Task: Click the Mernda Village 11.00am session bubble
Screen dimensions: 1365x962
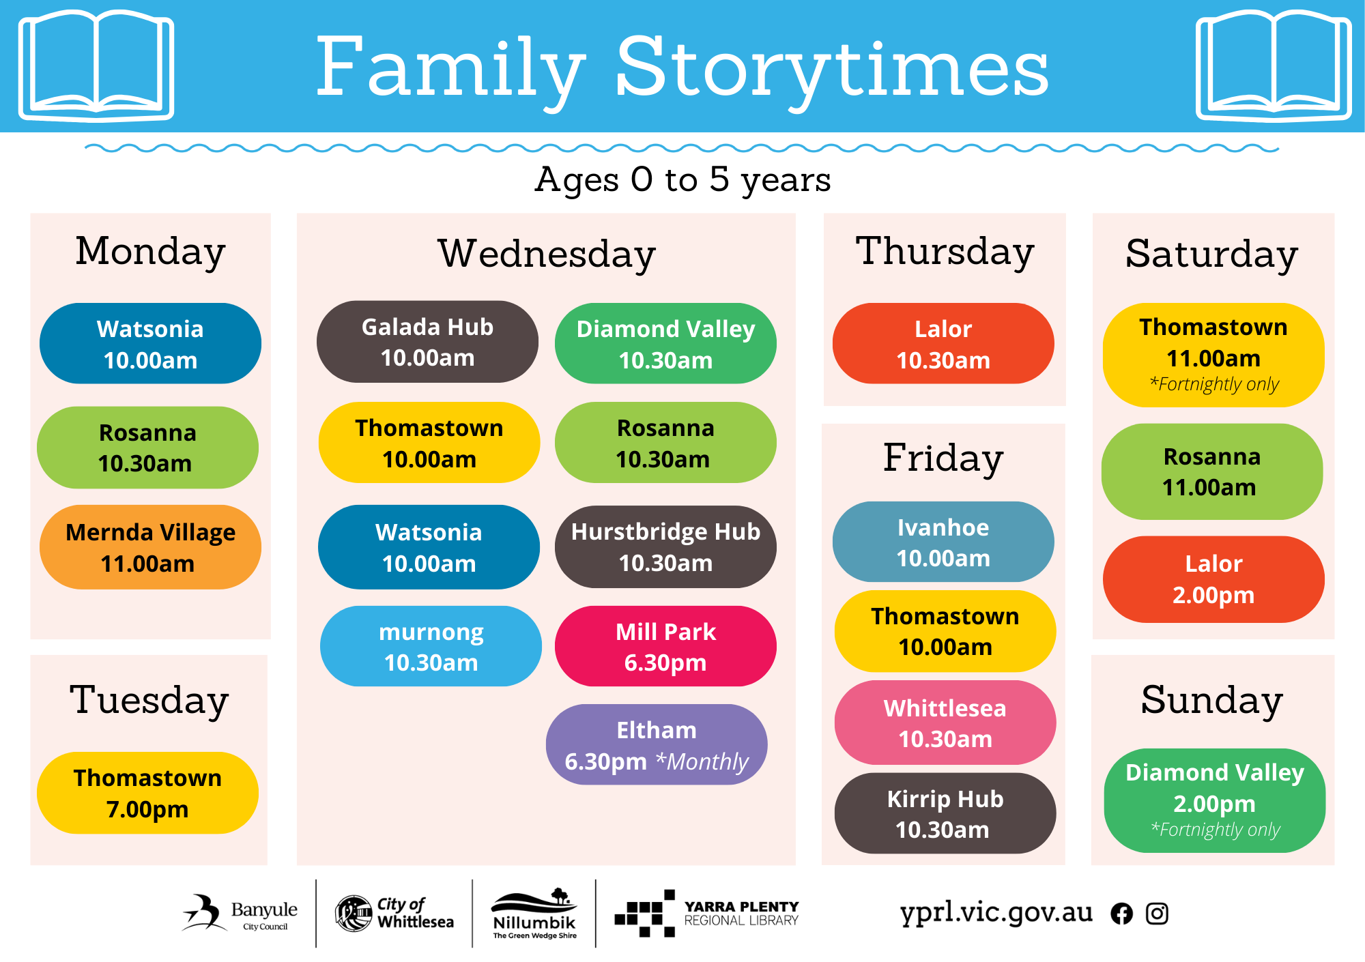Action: (150, 547)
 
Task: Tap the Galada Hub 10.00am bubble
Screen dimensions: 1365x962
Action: (427, 342)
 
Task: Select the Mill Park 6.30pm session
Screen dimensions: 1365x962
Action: (665, 646)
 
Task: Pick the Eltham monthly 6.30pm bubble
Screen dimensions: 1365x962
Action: (657, 744)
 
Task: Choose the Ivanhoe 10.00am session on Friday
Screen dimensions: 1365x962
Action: (943, 542)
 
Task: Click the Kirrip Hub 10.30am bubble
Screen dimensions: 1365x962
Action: (945, 813)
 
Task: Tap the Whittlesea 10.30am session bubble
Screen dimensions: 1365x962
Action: (945, 723)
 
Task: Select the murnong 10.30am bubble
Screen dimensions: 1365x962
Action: (431, 646)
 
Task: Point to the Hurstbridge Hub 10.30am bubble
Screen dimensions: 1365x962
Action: (665, 546)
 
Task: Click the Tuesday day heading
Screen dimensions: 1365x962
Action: (149, 701)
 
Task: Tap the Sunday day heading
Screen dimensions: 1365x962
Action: (1212, 701)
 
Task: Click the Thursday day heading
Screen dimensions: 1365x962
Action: (945, 252)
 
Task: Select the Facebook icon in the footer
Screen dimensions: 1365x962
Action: (1121, 914)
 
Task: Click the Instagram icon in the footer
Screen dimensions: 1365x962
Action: (1157, 914)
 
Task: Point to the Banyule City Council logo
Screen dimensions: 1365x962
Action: (240, 913)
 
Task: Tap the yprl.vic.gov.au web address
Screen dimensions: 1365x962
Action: (996, 913)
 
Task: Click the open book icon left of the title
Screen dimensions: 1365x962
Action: (96, 65)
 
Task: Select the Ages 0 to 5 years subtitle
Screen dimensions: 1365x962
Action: (682, 180)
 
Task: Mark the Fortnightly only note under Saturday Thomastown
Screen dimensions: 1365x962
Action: (1214, 384)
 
